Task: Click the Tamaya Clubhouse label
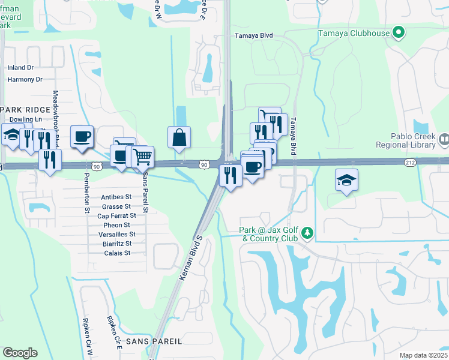click(354, 32)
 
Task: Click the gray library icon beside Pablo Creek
click(444, 140)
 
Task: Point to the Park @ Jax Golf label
click(270, 234)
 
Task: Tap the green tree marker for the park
click(307, 232)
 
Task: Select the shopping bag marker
click(179, 137)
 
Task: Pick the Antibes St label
click(116, 197)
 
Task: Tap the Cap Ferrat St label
click(116, 215)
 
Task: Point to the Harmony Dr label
click(25, 79)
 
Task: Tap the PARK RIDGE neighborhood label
click(24, 109)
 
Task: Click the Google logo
click(19, 353)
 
